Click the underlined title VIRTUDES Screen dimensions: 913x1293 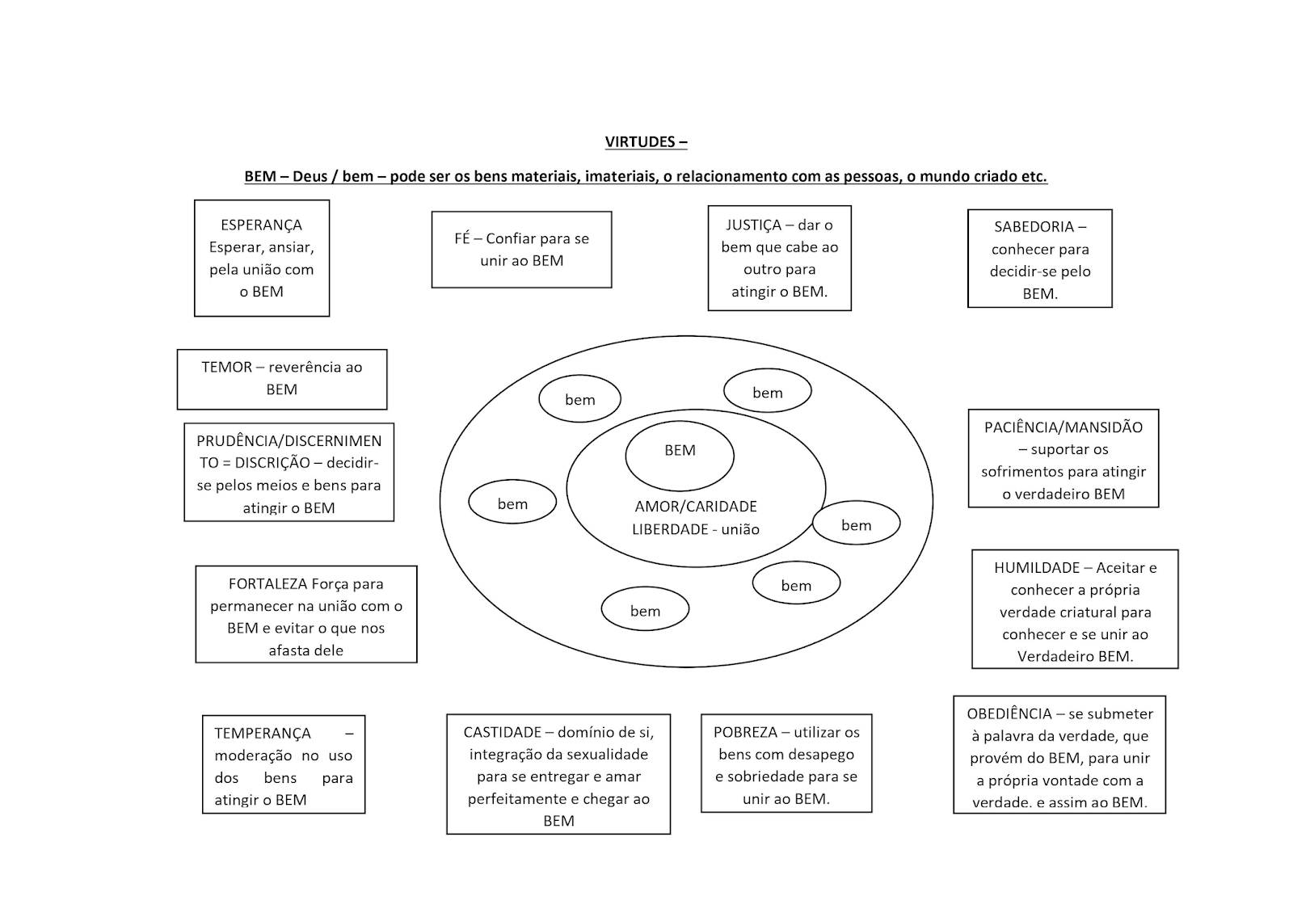pyautogui.click(x=646, y=142)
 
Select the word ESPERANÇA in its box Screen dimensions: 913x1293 pyautogui.click(x=261, y=225)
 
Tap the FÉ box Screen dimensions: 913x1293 pyautogui.click(x=521, y=249)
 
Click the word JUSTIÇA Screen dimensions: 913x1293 pyautogui.click(x=753, y=225)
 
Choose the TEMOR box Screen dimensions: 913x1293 pyautogui.click(x=281, y=378)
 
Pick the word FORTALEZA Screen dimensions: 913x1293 pyautogui.click(x=267, y=583)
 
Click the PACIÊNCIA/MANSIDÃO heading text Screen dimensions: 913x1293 pyautogui.click(x=1063, y=427)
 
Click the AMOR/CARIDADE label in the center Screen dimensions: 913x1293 pyautogui.click(x=696, y=507)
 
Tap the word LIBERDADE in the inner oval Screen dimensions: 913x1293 pyautogui.click(x=670, y=530)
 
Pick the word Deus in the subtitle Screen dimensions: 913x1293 pyautogui.click(x=310, y=177)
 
